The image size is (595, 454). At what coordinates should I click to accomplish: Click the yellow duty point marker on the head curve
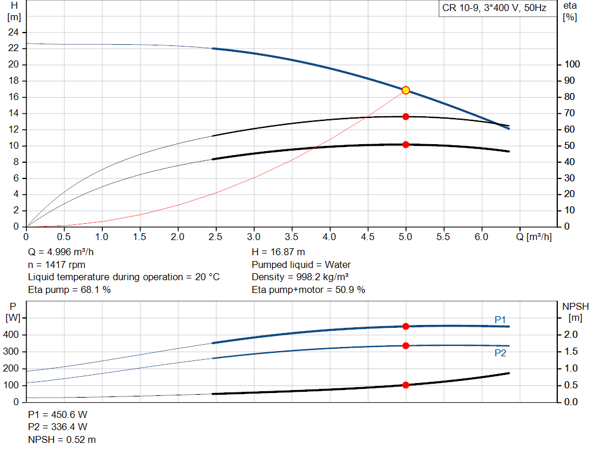tap(406, 90)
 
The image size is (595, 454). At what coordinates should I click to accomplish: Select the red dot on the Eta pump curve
tap(406, 117)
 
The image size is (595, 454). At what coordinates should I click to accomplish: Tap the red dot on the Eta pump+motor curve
tap(406, 144)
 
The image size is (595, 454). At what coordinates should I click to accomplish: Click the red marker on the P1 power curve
tap(406, 326)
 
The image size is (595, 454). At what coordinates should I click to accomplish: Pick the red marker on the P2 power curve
tap(406, 346)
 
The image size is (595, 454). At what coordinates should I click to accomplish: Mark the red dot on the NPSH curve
tap(406, 385)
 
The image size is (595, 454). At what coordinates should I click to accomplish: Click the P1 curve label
tap(500, 320)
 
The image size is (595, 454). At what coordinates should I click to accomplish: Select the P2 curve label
tap(500, 353)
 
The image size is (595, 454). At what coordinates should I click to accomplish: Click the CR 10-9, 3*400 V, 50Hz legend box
tap(494, 9)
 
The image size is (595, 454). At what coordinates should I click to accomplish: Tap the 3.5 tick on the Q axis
tap(292, 237)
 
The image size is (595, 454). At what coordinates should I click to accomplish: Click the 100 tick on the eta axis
tap(572, 65)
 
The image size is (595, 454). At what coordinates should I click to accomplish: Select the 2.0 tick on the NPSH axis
tap(572, 334)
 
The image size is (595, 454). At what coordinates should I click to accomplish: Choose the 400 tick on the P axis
tap(13, 335)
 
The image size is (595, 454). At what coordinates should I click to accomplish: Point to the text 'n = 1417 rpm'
tap(56, 264)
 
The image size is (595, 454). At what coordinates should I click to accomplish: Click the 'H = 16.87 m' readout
tap(278, 252)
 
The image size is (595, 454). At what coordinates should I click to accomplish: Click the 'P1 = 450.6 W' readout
tap(58, 414)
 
